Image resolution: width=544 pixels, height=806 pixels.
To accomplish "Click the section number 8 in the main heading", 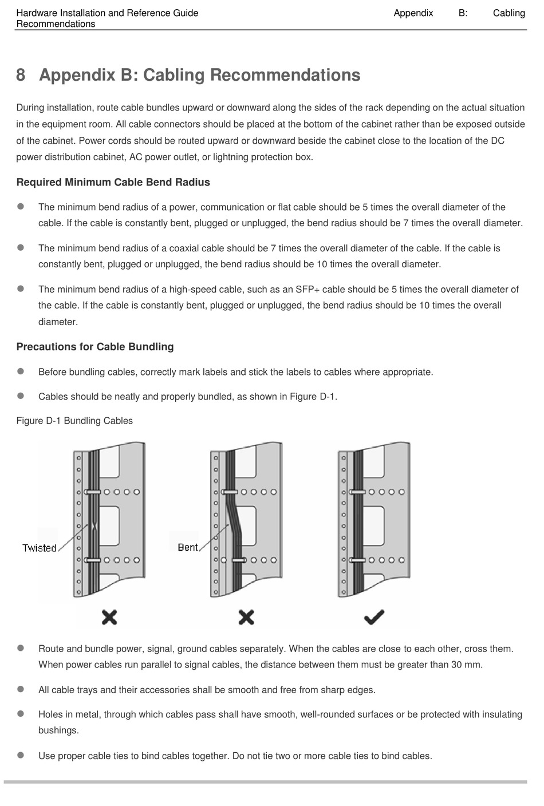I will (21, 75).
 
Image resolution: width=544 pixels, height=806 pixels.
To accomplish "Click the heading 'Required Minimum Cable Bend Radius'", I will (113, 183).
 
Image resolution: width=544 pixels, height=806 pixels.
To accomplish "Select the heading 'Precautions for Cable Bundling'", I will (94, 347).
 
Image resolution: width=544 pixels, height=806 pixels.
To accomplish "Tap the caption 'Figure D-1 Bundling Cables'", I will (74, 421).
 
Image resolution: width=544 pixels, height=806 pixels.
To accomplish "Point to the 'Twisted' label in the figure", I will (40, 548).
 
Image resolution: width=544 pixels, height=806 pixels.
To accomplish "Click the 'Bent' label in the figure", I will (187, 547).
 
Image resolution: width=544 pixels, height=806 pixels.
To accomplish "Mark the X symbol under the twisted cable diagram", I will (109, 617).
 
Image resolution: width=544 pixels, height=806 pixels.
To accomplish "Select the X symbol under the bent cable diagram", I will (246, 617).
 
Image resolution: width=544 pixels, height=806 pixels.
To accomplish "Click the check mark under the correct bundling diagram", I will (373, 617).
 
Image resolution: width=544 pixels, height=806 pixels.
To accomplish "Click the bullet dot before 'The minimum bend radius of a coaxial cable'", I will (21, 248).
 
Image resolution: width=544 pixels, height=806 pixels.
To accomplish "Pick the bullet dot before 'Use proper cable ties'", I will (21, 756).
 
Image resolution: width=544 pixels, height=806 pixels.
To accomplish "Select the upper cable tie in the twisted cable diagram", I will (93, 492).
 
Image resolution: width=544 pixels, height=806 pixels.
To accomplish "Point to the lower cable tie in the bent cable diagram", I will (236, 560).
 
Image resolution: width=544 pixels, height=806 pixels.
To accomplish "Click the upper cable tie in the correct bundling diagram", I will (358, 492).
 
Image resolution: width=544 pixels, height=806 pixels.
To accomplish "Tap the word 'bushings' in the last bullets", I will (57, 730).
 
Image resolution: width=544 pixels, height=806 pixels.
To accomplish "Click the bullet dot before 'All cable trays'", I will (21, 689).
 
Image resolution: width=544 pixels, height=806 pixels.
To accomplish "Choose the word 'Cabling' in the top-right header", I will (508, 13).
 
